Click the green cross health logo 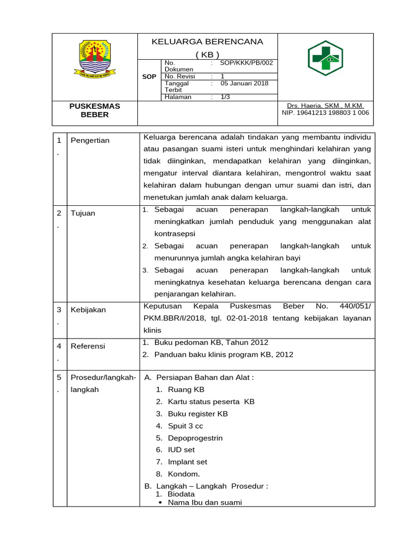(325, 58)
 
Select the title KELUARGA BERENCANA (207, 42)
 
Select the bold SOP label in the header (149, 77)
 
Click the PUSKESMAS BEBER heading (95, 110)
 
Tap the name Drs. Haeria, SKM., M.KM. (325, 106)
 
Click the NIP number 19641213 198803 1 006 (325, 113)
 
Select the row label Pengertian (90, 140)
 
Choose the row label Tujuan (83, 213)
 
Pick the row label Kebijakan (88, 310)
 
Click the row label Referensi (88, 346)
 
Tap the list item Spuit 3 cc (185, 426)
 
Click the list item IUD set (181, 450)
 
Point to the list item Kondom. (184, 474)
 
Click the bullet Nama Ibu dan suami (204, 502)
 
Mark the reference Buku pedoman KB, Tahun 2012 (211, 342)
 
